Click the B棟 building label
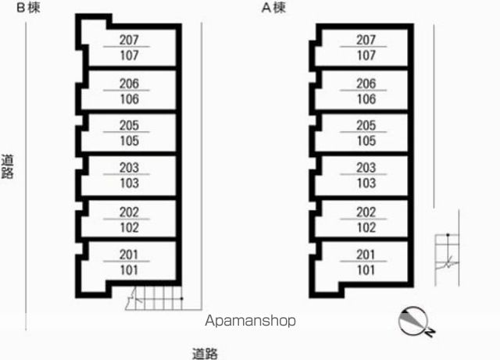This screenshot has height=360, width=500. click(28, 8)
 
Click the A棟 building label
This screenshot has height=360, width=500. click(273, 8)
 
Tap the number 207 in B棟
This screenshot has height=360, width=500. click(129, 40)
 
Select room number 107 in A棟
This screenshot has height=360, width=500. click(366, 55)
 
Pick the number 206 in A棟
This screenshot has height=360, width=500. click(366, 84)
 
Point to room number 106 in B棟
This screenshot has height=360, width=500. click(129, 99)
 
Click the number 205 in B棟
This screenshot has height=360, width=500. click(129, 125)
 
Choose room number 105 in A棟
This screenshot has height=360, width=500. click(366, 141)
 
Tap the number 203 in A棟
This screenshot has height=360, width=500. click(366, 168)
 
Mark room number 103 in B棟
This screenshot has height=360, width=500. click(129, 184)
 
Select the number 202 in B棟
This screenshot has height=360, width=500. click(129, 212)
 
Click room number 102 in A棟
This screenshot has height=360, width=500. click(366, 228)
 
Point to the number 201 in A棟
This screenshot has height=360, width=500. click(366, 255)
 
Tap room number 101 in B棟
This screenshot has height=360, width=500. click(129, 270)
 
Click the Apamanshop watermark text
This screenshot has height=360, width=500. click(250, 321)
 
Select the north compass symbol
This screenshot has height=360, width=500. click(416, 322)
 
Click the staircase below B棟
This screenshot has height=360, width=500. click(155, 298)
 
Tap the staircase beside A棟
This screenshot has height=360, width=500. click(447, 260)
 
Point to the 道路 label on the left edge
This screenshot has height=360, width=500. click(7, 167)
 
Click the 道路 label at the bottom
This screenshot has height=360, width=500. click(205, 354)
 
